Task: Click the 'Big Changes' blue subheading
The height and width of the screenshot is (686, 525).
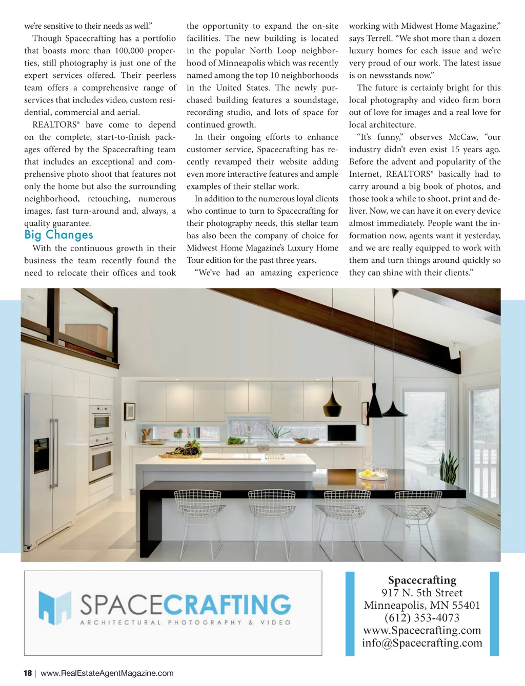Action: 58,235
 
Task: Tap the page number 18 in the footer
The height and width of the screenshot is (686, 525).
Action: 28,673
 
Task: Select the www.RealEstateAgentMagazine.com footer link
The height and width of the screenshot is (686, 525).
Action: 107,673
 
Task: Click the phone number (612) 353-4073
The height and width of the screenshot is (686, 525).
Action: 422,618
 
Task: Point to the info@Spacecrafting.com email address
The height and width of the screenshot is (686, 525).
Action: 422,643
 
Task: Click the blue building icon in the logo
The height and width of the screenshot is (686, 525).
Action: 55,607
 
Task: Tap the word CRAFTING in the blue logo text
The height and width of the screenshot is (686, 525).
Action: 227,605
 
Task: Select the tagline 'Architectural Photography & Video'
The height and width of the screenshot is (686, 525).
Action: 185,622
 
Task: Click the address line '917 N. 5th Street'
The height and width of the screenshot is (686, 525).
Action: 422,593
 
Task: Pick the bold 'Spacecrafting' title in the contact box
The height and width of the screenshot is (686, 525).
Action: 422,580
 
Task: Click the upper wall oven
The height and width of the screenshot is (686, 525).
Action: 101,420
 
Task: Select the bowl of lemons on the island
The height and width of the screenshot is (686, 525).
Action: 373,474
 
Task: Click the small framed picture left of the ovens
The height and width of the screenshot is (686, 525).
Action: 130,411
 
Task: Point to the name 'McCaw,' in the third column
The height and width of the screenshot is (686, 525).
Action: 463,137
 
